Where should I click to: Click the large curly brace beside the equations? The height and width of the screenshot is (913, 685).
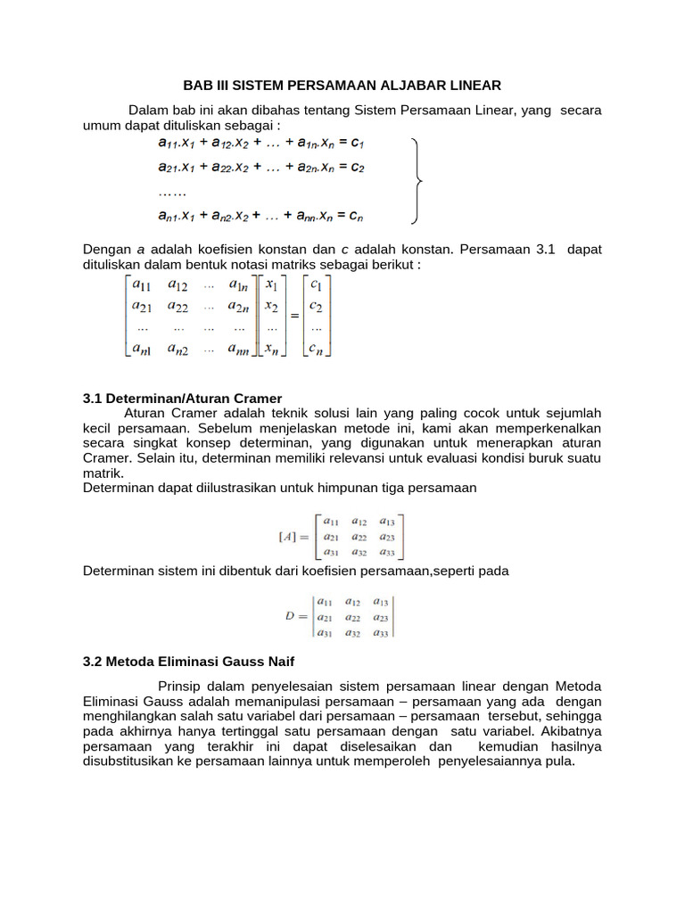[417, 181]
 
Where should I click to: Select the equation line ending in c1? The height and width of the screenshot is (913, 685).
[261, 143]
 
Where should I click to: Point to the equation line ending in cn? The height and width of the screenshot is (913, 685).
[260, 215]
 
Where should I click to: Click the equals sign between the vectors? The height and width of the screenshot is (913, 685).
[293, 316]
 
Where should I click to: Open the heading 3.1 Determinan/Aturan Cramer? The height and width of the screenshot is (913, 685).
[182, 398]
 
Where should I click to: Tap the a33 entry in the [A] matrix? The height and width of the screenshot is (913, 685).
[387, 553]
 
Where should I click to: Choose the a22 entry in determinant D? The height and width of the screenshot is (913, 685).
[356, 616]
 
